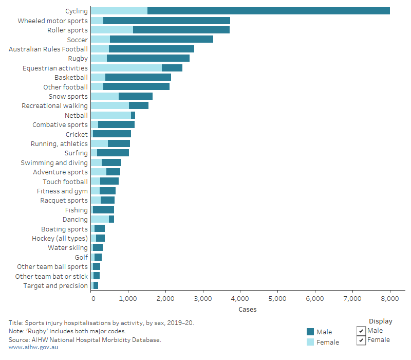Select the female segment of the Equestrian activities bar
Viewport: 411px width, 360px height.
[x=126, y=68]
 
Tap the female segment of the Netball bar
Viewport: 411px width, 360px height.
[x=110, y=115]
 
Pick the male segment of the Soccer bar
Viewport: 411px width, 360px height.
[x=161, y=40]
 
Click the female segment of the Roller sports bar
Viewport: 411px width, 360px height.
[x=111, y=30]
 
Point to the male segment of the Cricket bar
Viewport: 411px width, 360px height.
[x=111, y=134]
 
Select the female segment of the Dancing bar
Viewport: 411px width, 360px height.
[x=100, y=219]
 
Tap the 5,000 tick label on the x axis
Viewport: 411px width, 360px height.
[x=277, y=298]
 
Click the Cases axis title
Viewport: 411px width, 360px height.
[x=247, y=310]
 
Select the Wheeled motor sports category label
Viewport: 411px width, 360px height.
[x=52, y=21]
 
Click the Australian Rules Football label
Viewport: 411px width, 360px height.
[x=48, y=49]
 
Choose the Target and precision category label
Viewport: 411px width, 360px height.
[x=55, y=285]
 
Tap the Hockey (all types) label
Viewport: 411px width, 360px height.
[x=60, y=238]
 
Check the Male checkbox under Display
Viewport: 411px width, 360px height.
[x=361, y=331]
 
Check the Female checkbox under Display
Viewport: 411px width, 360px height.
[x=361, y=340]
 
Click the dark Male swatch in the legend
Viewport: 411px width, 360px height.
[x=310, y=332]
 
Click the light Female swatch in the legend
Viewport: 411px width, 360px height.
[x=310, y=342]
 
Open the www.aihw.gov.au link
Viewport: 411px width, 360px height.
[x=33, y=348]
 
